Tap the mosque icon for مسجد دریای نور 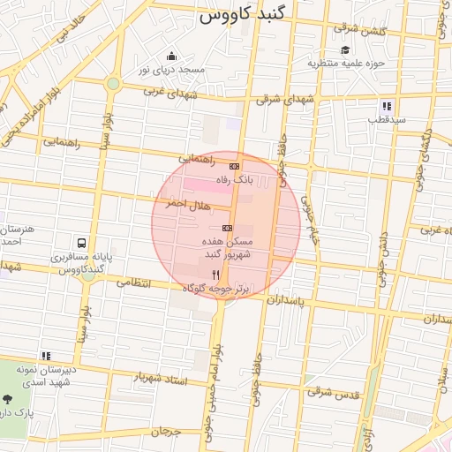pos(169,56)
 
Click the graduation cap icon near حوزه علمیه pos(345,50)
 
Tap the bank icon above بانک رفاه pos(234,166)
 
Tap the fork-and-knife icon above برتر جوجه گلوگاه pos(216,275)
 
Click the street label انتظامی pos(135,283)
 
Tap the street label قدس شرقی pos(335,392)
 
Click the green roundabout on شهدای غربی pos(113,84)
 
